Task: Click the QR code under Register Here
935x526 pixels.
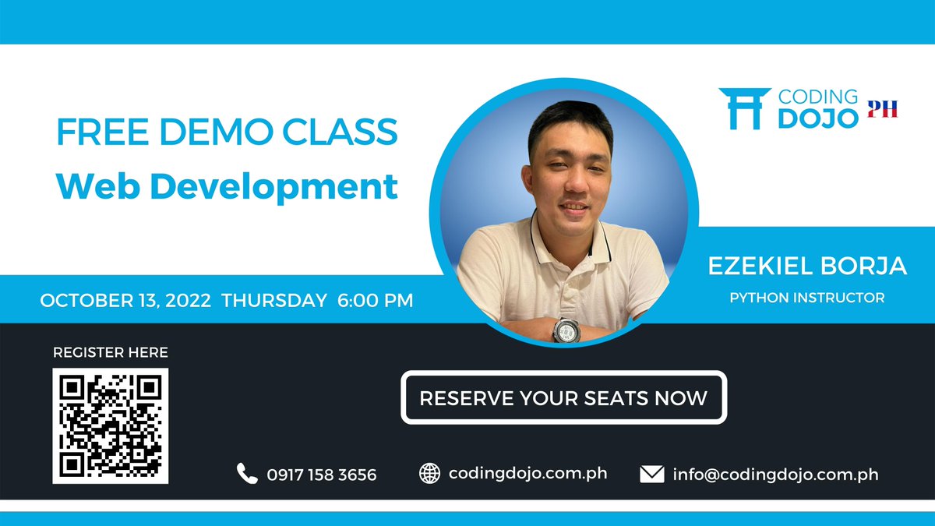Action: point(111,425)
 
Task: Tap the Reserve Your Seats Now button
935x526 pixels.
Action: point(563,397)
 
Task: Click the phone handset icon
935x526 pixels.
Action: point(247,473)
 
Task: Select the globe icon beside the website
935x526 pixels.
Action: point(429,473)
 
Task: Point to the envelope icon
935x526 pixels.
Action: point(651,474)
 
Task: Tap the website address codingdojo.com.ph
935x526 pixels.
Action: point(527,473)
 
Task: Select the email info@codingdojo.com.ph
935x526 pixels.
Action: point(775,474)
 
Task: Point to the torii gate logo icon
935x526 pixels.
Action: point(745,108)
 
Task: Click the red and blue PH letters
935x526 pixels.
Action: point(883,108)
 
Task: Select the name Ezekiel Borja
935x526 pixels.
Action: point(807,266)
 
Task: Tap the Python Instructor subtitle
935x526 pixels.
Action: point(807,297)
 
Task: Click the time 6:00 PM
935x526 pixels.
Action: point(376,300)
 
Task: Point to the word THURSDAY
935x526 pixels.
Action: point(274,300)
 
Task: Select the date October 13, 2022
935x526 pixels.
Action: point(125,300)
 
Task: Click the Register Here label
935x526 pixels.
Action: point(111,352)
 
